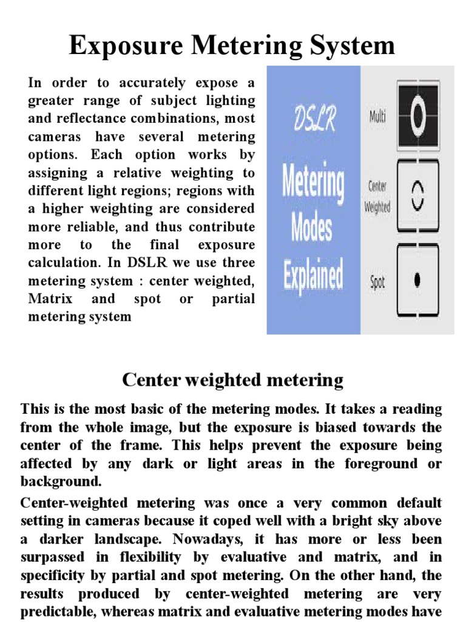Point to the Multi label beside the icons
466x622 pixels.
point(378,115)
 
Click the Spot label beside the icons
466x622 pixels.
point(377,282)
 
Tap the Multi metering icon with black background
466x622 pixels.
point(417,113)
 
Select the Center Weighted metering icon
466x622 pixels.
point(417,196)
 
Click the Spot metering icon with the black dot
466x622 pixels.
point(417,279)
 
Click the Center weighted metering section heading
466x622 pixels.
point(233,381)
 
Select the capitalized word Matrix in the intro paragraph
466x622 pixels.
point(51,299)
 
